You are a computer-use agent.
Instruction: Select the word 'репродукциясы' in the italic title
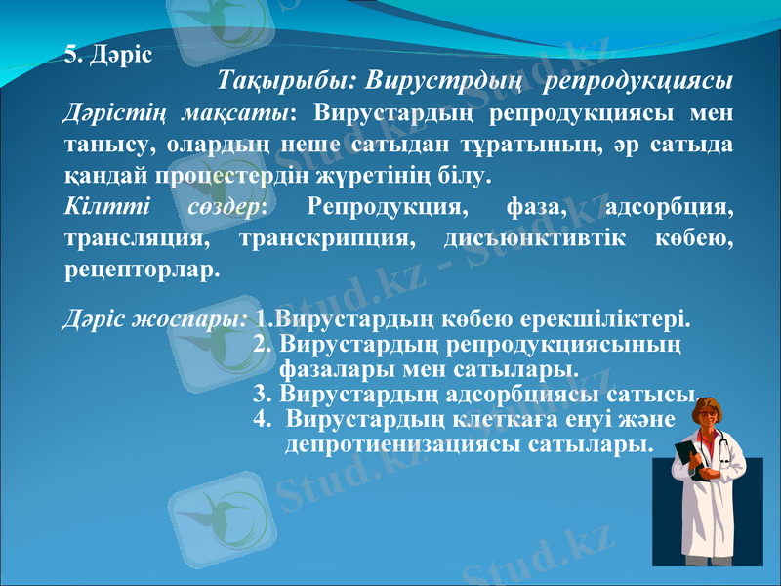click(x=640, y=80)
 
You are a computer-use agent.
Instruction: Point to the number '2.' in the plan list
click(x=263, y=345)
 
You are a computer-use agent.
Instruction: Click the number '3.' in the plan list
click(x=263, y=396)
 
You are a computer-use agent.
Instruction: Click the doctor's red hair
click(x=709, y=405)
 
